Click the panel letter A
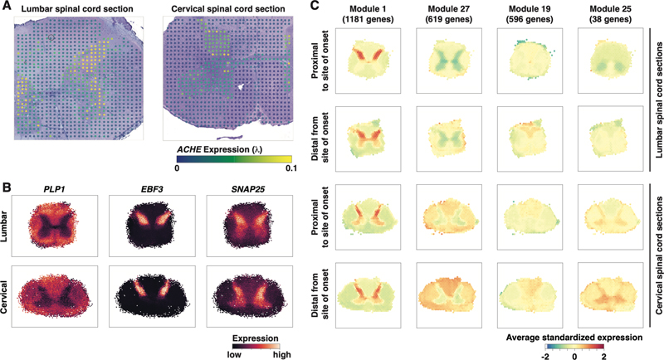pyautogui.click(x=6, y=7)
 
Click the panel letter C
pyautogui.click(x=314, y=7)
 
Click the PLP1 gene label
pyautogui.click(x=59, y=187)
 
